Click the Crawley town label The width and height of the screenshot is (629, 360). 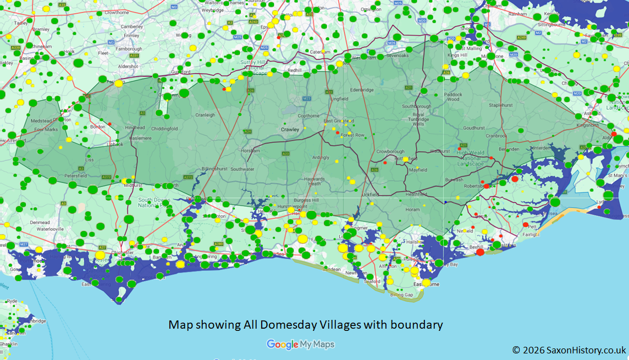[290, 130]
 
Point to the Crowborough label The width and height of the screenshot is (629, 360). [390, 152]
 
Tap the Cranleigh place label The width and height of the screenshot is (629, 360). [205, 115]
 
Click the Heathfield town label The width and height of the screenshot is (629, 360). [416, 194]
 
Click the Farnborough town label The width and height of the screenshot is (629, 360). [128, 48]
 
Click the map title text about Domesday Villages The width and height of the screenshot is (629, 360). [305, 325]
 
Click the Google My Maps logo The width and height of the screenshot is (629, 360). [300, 345]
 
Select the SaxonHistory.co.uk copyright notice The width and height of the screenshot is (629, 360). [569, 350]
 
